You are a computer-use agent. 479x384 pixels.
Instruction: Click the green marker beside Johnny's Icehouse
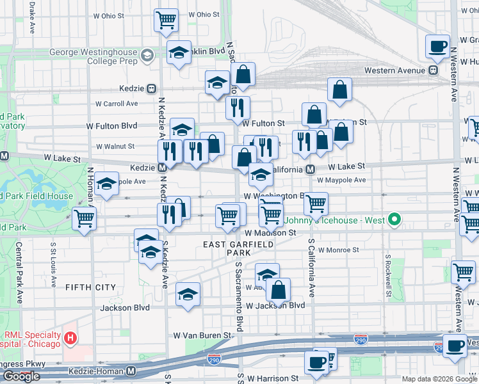[x=394, y=221]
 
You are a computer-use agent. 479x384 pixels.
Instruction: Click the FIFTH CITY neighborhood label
[x=90, y=287]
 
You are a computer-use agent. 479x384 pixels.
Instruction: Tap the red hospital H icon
[x=71, y=337]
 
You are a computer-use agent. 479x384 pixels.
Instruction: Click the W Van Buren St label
[x=201, y=335]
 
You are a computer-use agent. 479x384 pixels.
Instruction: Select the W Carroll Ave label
[x=116, y=103]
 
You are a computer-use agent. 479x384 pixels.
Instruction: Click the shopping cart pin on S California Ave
[x=316, y=204]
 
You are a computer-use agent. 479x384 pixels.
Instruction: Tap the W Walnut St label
[x=115, y=147]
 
